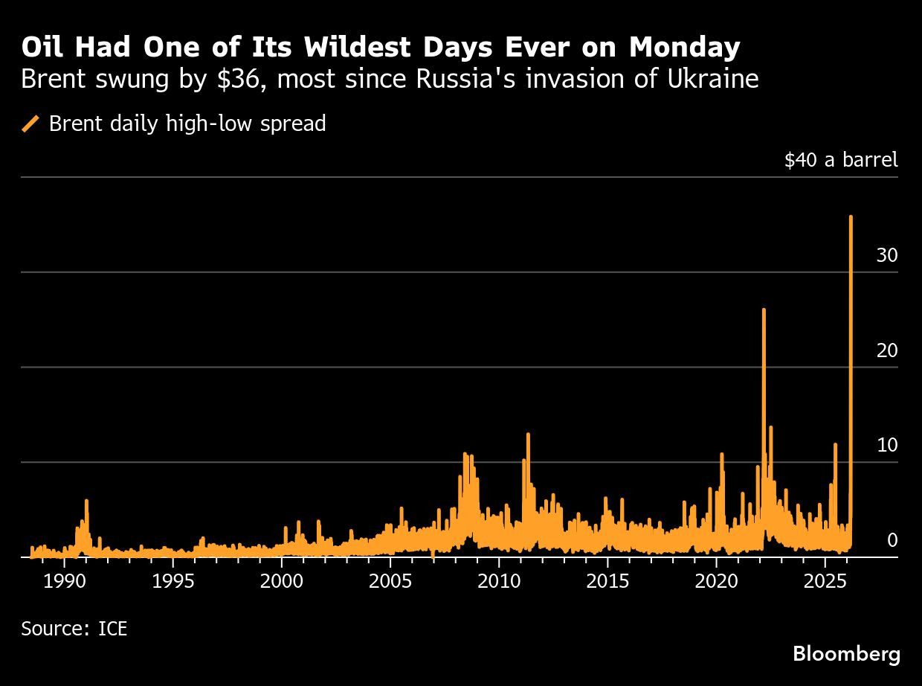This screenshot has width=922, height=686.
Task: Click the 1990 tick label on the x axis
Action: (65, 580)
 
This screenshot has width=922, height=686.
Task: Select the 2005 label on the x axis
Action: (390, 580)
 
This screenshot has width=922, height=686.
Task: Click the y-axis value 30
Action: (887, 255)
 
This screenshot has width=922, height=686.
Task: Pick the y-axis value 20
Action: (887, 350)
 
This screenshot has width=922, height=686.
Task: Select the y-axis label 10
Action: (887, 445)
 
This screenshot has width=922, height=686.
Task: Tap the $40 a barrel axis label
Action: (841, 160)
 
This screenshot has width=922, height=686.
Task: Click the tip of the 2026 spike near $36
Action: (851, 217)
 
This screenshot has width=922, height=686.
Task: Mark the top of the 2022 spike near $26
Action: (764, 310)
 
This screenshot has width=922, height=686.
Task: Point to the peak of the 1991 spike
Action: (86, 501)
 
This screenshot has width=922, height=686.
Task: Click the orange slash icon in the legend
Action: (30, 124)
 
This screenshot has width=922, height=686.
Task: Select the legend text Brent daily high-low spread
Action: (187, 124)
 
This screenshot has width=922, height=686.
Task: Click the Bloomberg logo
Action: (846, 654)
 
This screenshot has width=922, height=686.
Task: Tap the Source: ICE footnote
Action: (74, 629)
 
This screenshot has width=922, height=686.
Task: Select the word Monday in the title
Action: (684, 48)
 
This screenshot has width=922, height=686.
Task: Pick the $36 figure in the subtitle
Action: (236, 79)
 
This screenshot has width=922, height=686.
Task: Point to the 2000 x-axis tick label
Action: (282, 580)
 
